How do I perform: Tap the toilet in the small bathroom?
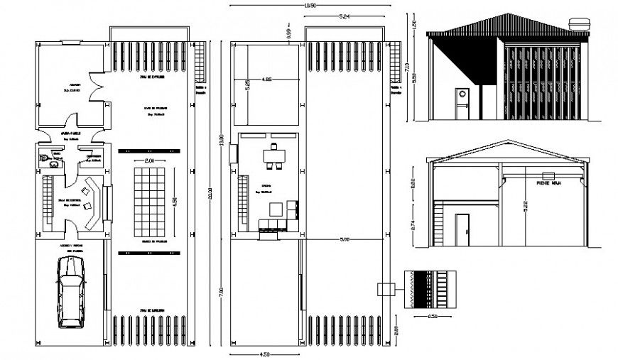coord(43,158)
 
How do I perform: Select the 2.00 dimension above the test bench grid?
coord(149,162)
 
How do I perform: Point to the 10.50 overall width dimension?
coord(309,6)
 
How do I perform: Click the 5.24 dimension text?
coord(344,16)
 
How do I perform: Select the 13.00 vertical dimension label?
coord(221,140)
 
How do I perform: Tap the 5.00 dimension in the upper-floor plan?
coord(345,240)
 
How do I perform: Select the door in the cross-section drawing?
coord(462,231)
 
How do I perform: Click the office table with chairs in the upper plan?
coord(272,158)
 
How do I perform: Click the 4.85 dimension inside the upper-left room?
coord(267,78)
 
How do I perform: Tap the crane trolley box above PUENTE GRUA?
coord(548,175)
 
